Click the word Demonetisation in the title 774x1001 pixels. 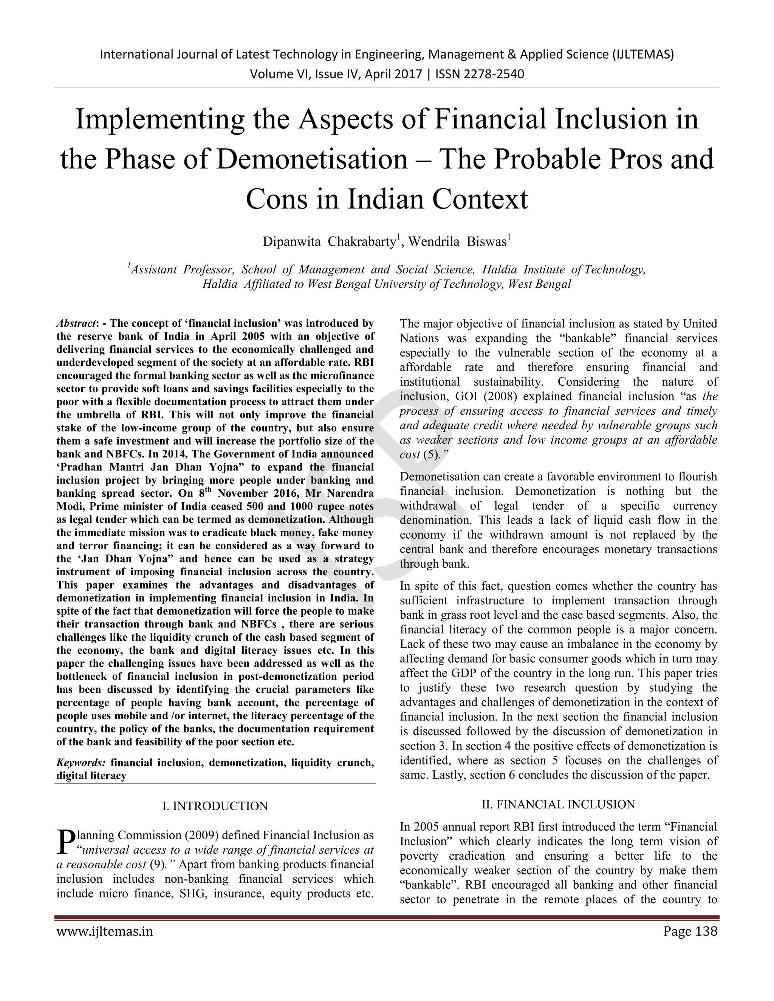coord(312,159)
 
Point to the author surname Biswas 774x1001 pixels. coord(486,241)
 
